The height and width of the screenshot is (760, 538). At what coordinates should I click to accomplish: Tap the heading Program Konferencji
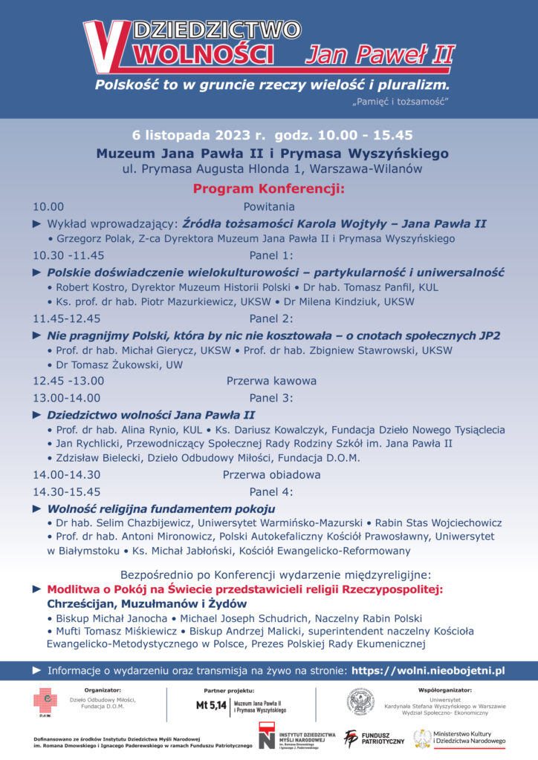coord(268,189)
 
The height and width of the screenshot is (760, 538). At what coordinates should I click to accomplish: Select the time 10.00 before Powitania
coord(48,207)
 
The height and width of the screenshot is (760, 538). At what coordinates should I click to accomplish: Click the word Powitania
coord(268,207)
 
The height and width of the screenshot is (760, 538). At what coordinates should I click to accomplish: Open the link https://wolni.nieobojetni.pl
coord(427,670)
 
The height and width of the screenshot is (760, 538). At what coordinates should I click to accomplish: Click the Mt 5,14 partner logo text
coord(211,706)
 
